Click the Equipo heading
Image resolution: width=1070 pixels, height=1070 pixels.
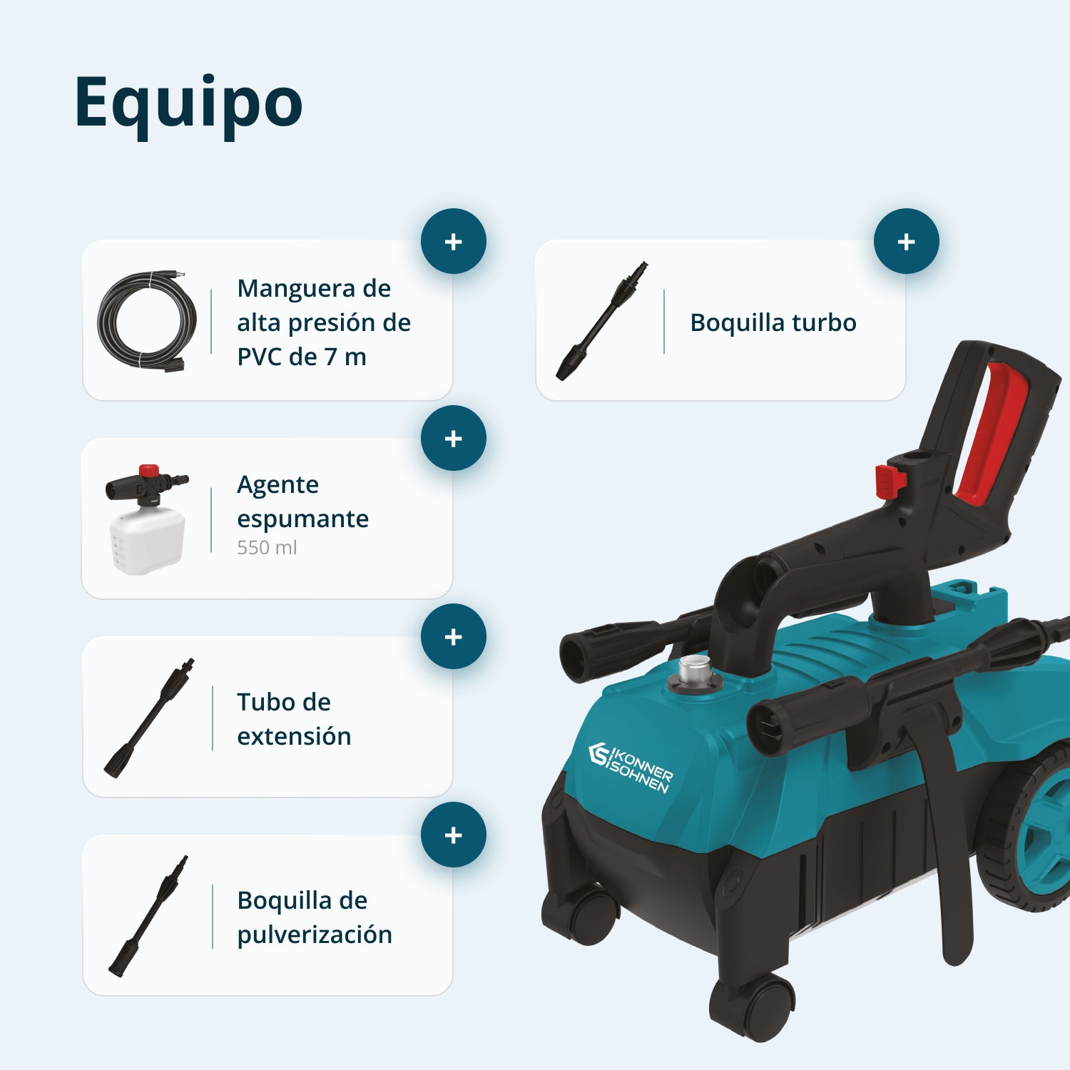(189, 104)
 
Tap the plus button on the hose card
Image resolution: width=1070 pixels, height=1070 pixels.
(454, 241)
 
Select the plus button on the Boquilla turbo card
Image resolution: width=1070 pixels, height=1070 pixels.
(907, 241)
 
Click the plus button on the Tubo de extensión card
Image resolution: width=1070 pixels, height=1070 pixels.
(454, 636)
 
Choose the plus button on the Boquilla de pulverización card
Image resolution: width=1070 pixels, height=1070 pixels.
(454, 835)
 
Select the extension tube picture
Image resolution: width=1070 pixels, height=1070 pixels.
(149, 718)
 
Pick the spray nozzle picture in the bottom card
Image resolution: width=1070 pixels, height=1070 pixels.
(148, 916)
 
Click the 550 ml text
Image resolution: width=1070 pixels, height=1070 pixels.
(267, 548)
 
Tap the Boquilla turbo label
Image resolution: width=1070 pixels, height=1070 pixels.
(773, 322)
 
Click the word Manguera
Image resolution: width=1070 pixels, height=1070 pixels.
(296, 289)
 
